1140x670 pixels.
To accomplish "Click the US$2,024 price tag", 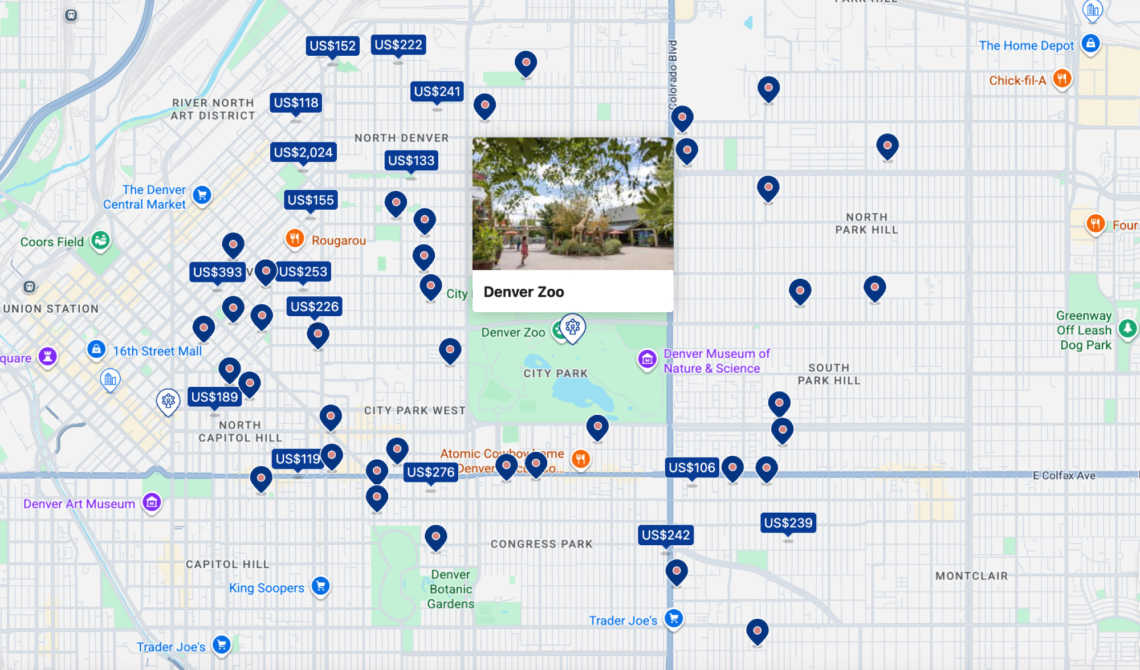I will point(303,153).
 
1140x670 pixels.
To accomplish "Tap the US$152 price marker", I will point(332,46).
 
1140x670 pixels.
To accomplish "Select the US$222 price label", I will point(398,45).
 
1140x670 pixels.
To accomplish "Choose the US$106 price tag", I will point(691,468).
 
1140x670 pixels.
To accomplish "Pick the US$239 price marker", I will point(788,523).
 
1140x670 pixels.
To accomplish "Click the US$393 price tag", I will point(217,272).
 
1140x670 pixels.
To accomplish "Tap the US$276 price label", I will point(430,472).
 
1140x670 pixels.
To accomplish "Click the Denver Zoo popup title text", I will point(523,292).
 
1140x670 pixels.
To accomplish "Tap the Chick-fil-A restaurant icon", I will point(1061,79).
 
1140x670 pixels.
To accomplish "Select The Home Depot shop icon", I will point(1090,44).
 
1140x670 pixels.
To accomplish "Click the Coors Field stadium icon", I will point(101,240).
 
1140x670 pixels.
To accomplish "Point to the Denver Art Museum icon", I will point(152,503).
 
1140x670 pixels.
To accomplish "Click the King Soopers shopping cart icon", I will point(320,586).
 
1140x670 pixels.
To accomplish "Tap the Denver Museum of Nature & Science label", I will point(716,361).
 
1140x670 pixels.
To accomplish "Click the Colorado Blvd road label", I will point(673,74).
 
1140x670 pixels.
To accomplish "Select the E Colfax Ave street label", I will point(1064,476).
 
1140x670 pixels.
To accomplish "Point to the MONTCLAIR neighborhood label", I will point(971,576).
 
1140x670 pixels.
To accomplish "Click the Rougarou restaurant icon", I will point(294,239).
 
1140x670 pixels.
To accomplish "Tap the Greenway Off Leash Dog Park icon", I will point(1127,329).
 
